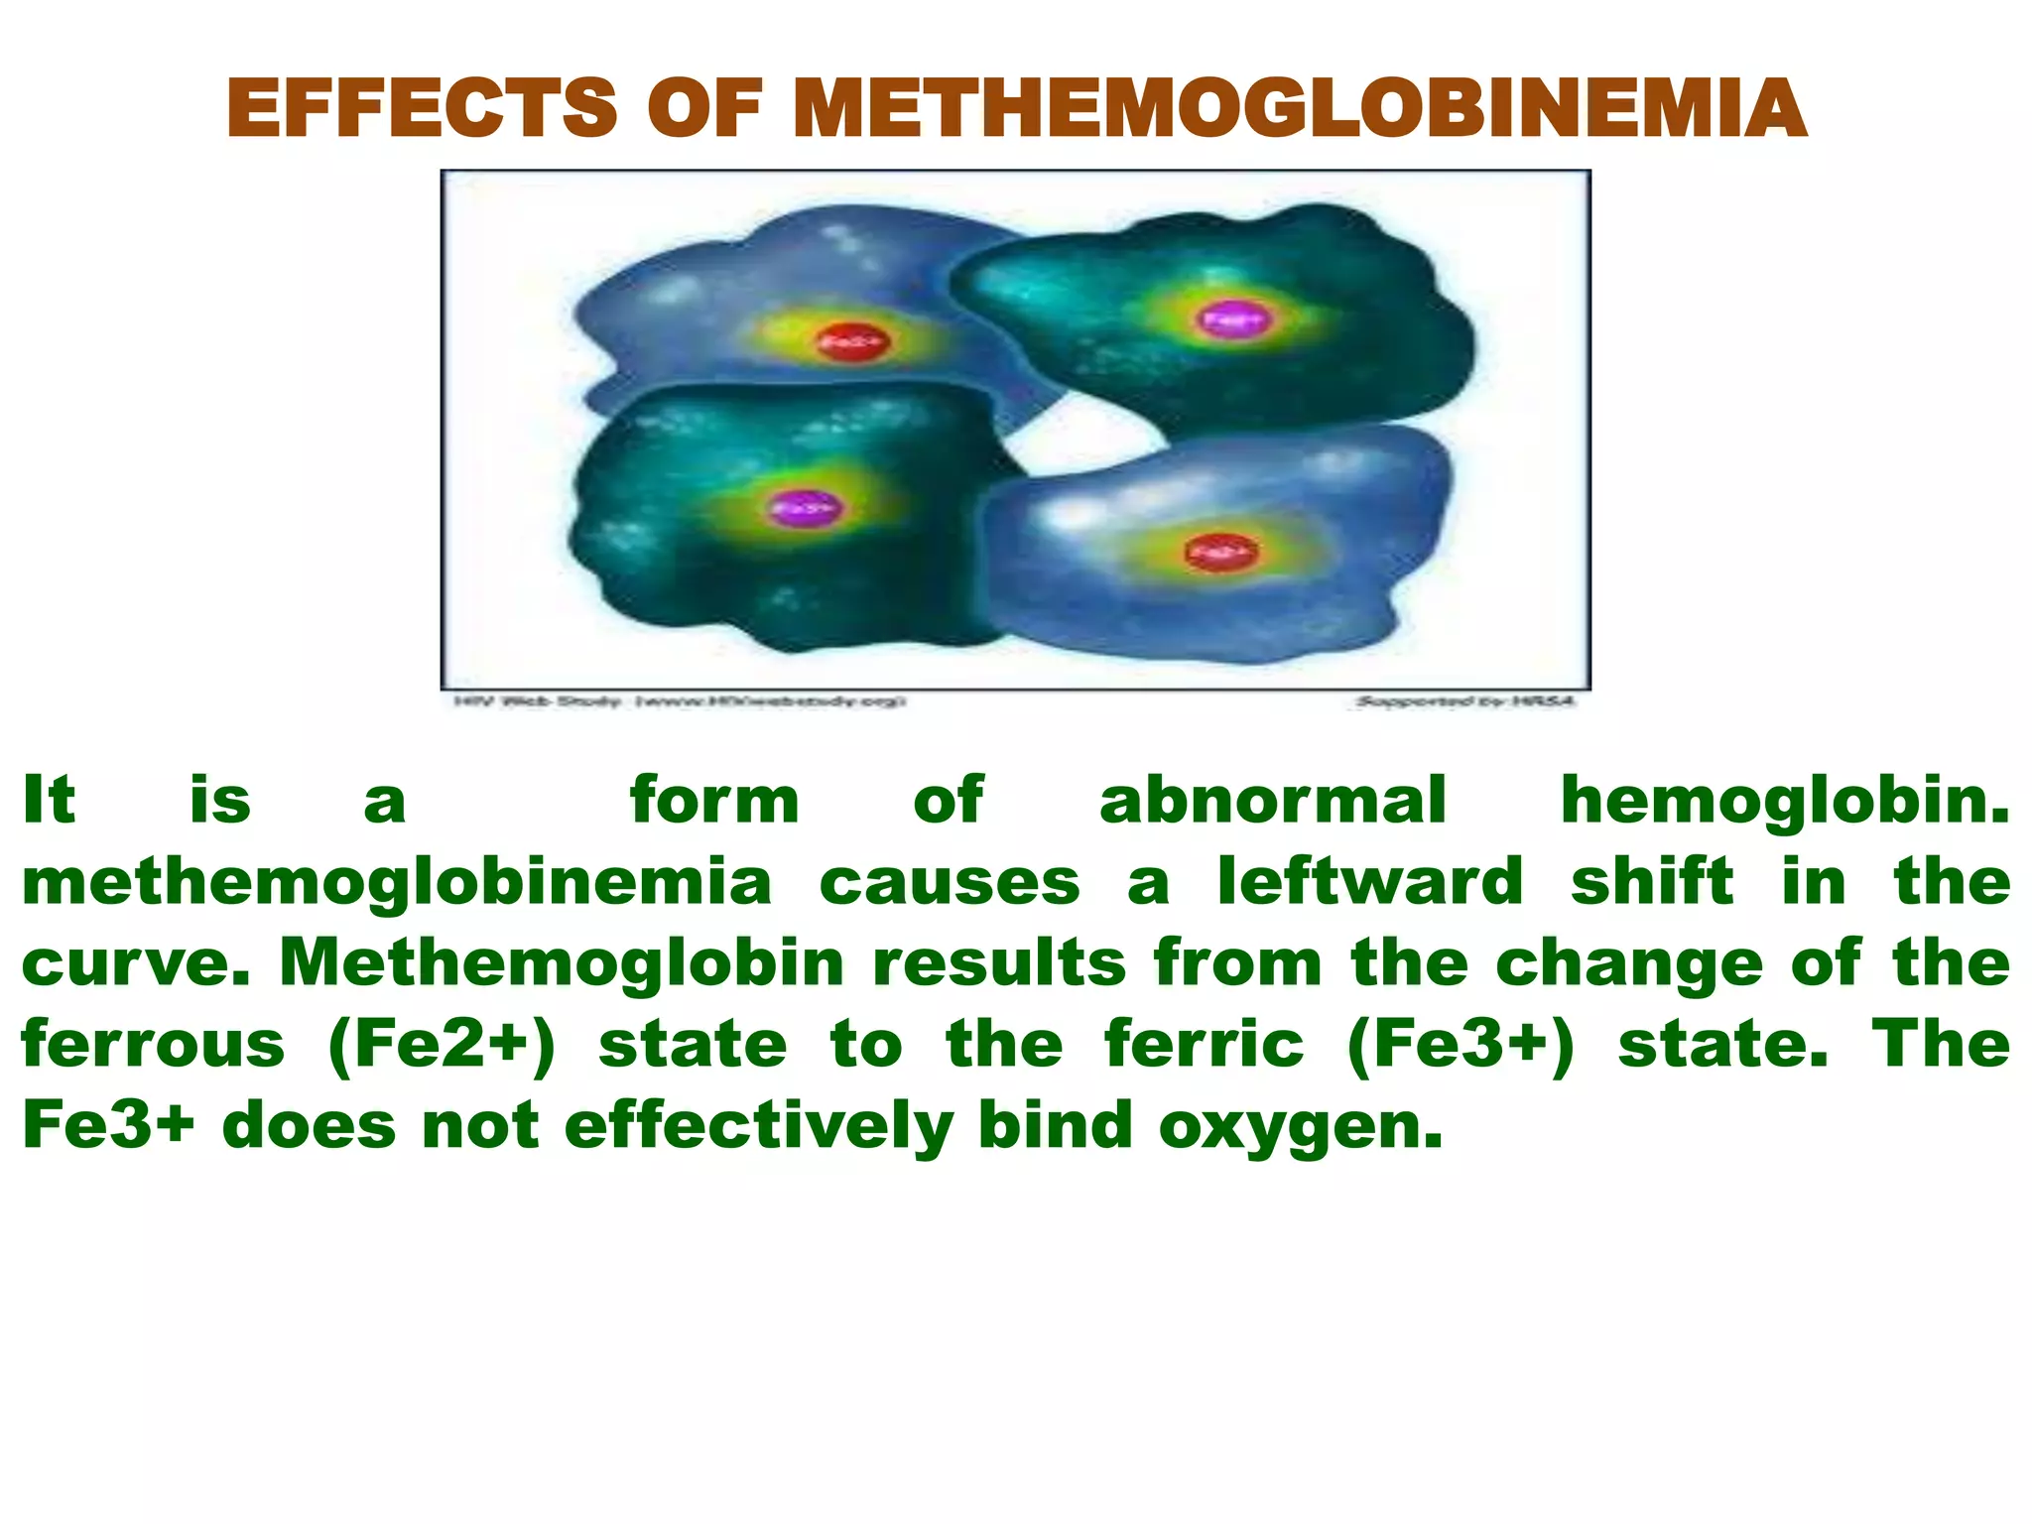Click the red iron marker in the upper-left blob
click(852, 342)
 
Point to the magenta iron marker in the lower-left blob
click(805, 508)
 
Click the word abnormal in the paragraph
click(1273, 801)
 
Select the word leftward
click(1370, 881)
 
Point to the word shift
click(1652, 881)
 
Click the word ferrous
click(154, 1044)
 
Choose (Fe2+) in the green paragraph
click(442, 1044)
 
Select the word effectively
click(759, 1125)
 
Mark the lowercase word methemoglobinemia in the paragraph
click(397, 881)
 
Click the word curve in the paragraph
click(134, 962)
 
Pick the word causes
click(950, 881)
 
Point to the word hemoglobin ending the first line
click(1784, 801)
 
